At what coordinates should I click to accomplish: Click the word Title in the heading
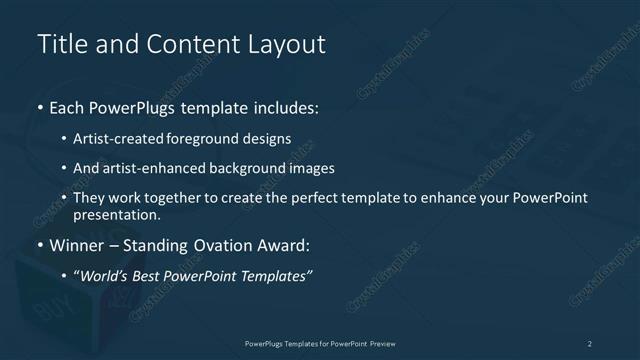59,45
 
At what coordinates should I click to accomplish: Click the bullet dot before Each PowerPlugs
40,106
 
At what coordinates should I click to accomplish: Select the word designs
268,138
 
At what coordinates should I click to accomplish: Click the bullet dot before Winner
40,246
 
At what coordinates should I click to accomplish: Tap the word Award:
285,246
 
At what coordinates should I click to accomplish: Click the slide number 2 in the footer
590,343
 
